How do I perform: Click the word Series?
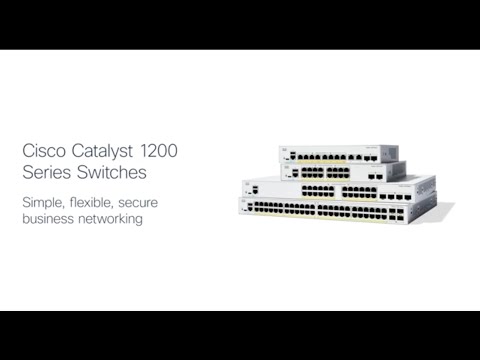pyautogui.click(x=43, y=172)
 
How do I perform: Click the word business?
pyautogui.click(x=50, y=219)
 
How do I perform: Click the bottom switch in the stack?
pyautogui.click(x=340, y=210)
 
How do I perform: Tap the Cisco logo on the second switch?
pyautogui.click(x=298, y=169)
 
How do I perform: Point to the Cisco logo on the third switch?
pyautogui.click(x=248, y=184)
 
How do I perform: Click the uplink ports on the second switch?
pyautogui.click(x=375, y=173)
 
